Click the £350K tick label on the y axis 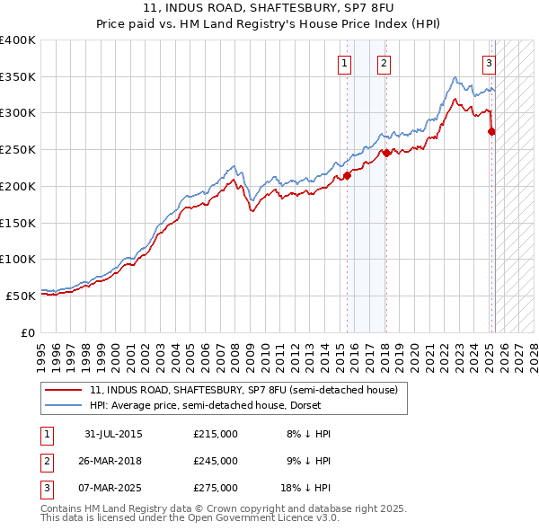pyautogui.click(x=18, y=77)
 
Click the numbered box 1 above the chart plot pyautogui.click(x=345, y=63)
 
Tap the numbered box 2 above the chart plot pyautogui.click(x=384, y=63)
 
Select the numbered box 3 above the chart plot pyautogui.click(x=489, y=63)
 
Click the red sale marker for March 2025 pyautogui.click(x=491, y=132)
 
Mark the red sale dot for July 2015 pyautogui.click(x=348, y=176)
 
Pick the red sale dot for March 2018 pyautogui.click(x=386, y=154)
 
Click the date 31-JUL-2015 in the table pyautogui.click(x=113, y=435)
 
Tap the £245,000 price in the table pyautogui.click(x=216, y=461)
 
